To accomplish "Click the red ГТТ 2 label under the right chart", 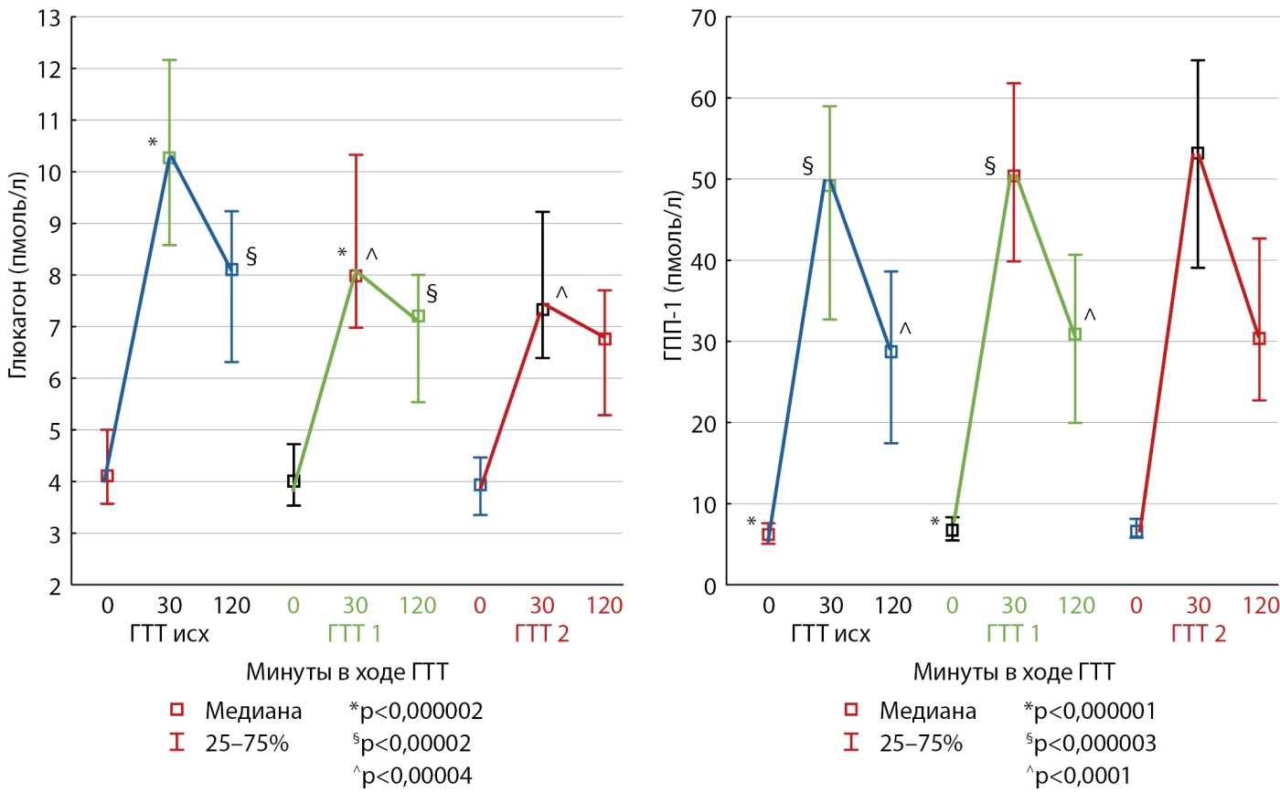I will (x=1198, y=634).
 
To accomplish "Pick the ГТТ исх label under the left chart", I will (x=169, y=634).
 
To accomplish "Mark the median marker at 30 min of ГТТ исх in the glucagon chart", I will (x=169, y=157).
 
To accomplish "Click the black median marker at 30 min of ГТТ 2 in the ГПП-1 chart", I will (x=1198, y=153).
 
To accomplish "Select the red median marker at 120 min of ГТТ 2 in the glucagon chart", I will (x=604, y=339).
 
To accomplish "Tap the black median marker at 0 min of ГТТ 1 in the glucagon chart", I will (x=293, y=480).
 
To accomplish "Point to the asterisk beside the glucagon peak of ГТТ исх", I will (x=152, y=143).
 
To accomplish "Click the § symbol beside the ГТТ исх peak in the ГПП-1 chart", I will (x=807, y=165).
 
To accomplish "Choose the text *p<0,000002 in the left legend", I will (x=416, y=711).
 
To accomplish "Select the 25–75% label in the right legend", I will (x=921, y=744).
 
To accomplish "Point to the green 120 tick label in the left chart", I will (x=418, y=605).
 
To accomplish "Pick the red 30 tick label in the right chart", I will (x=1198, y=605).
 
